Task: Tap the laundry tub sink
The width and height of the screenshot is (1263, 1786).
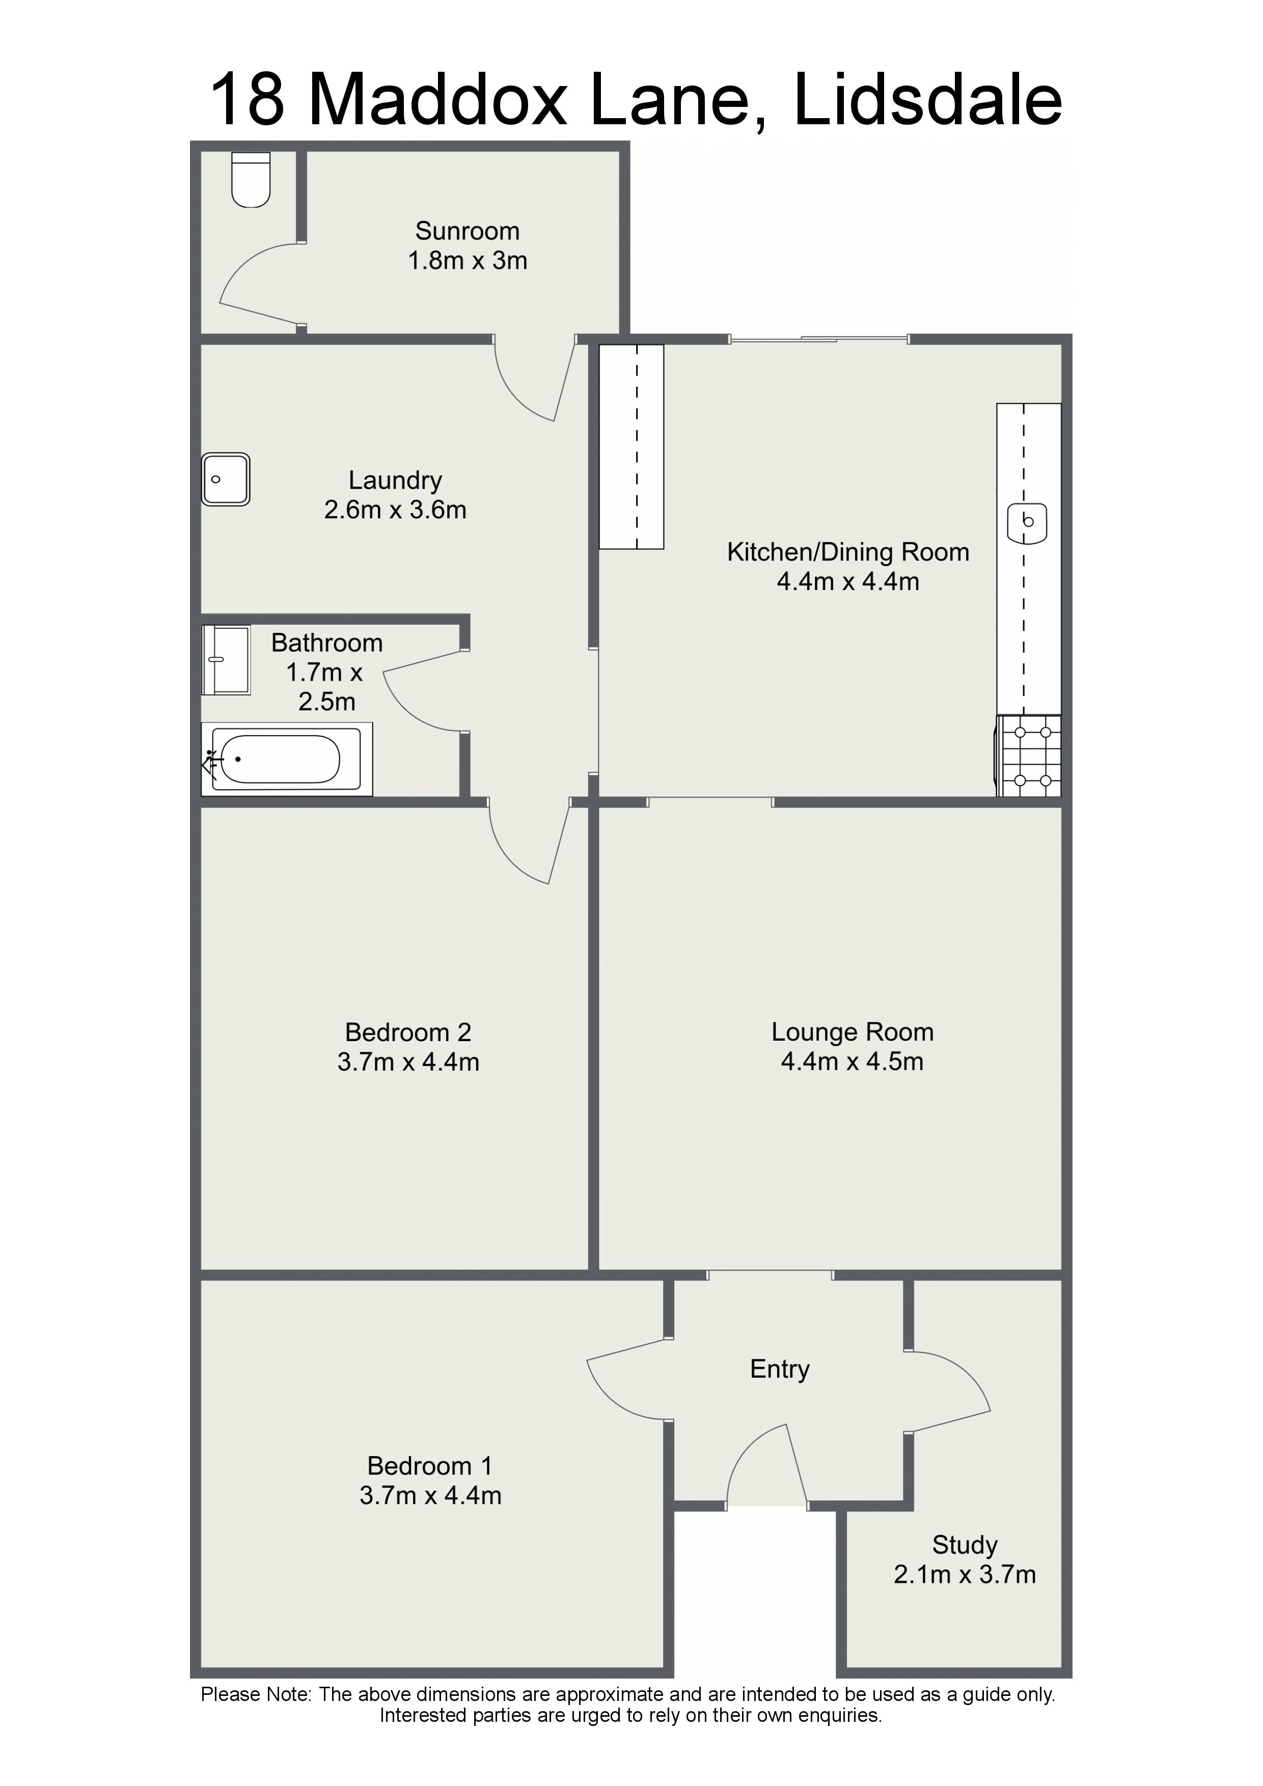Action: (x=226, y=479)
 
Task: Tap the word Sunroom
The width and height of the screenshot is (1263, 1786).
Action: (x=467, y=231)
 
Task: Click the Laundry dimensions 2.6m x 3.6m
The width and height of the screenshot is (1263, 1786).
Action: (x=395, y=510)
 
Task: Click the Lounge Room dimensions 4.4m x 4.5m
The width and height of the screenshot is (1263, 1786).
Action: (x=852, y=1062)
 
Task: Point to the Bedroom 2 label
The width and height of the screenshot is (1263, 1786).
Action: (x=408, y=1032)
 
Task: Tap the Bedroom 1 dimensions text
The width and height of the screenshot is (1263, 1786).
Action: (x=430, y=1496)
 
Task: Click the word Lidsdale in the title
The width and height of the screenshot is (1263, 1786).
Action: (x=927, y=100)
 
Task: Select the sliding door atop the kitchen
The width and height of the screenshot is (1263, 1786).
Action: (x=818, y=339)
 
